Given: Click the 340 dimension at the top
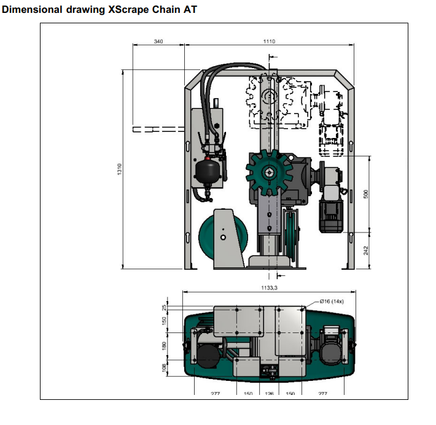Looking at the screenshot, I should [x=158, y=41].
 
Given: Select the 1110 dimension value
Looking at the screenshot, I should [x=270, y=41].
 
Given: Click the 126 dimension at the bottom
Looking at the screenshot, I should [x=269, y=394].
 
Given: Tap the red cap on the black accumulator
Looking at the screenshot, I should [x=209, y=159].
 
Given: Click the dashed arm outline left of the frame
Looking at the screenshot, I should [x=157, y=129].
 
